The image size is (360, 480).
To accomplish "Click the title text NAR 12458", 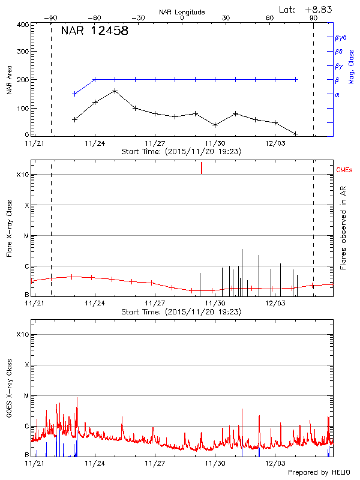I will [94, 32].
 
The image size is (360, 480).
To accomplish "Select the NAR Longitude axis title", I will [182, 12].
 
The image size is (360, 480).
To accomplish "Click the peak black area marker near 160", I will [115, 91].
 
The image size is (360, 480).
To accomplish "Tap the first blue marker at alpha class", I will [74, 94].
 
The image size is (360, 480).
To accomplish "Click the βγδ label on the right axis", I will [340, 37].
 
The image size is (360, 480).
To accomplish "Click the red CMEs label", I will [344, 170].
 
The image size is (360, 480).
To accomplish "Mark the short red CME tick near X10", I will [202, 168].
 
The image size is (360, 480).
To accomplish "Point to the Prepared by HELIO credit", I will [318, 472].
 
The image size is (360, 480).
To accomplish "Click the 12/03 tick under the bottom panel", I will [275, 463].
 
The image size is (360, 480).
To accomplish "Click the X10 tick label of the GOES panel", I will [22, 334].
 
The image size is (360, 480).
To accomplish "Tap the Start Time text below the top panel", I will [181, 152].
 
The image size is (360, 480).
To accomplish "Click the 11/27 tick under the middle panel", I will [155, 304].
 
